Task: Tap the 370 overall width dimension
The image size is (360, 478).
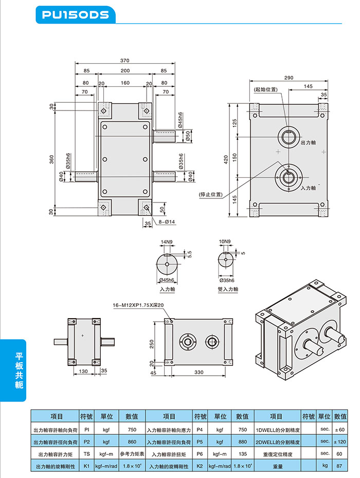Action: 124,61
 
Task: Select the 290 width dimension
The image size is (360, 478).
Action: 288,78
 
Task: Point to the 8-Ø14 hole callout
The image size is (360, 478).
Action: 167,223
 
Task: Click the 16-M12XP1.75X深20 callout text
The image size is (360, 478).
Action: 138,305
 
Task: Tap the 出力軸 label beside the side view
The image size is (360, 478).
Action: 309,142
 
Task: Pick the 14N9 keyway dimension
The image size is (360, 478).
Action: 167,241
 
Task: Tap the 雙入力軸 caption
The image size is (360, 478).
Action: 228,289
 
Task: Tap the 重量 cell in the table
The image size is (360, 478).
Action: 278,466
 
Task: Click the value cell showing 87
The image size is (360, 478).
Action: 339,466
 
